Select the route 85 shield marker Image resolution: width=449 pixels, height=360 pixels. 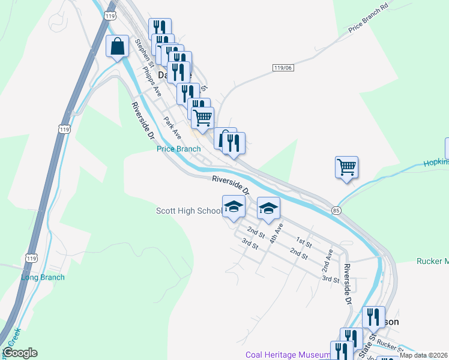[336, 210]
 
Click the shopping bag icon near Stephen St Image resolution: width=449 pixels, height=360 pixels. [118, 46]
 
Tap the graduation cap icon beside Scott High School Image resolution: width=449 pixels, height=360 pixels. [234, 206]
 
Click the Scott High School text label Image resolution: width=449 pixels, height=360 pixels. [188, 211]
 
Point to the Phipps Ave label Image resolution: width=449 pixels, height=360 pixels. [152, 82]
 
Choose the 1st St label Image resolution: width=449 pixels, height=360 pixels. [304, 242]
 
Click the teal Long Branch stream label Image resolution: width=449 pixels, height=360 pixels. [43, 277]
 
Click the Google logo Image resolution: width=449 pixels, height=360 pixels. [20, 353]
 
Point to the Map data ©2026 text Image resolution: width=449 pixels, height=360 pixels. [423, 355]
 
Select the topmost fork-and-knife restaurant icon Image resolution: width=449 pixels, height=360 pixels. [160, 28]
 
